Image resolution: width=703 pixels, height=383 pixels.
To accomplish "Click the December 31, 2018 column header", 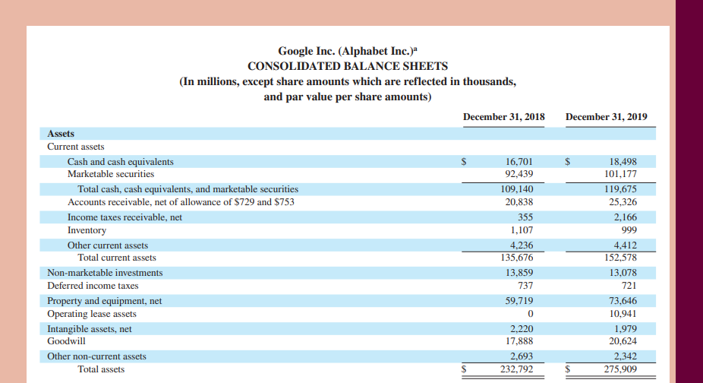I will (x=503, y=116).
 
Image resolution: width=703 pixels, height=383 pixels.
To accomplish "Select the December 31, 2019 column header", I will (x=607, y=116).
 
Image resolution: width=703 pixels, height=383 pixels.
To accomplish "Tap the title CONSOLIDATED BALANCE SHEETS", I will (x=348, y=66).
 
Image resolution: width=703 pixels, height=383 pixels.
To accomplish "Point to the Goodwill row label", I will (x=65, y=342).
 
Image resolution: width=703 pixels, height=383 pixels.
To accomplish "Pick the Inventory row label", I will (x=87, y=230).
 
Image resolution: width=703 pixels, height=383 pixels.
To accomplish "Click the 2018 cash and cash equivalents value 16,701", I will (x=519, y=162).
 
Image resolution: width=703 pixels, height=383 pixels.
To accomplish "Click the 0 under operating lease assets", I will (x=530, y=314).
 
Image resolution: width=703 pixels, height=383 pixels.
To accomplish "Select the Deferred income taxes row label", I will (x=93, y=286).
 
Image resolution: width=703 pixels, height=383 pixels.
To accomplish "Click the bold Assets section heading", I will (x=61, y=134).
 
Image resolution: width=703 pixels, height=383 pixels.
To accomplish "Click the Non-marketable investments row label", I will (x=105, y=273).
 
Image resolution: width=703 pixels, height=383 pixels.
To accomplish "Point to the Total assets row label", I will (x=101, y=369).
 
